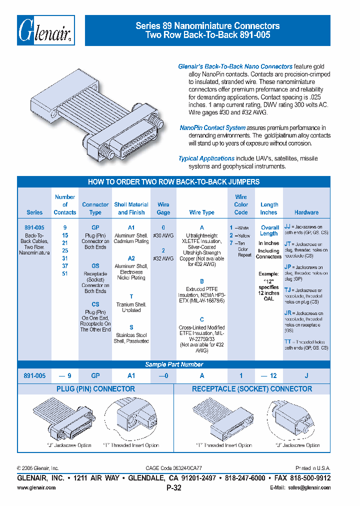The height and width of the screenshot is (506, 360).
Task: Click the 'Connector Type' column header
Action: [x=95, y=208]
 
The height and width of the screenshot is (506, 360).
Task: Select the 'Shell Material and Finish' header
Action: [x=131, y=208]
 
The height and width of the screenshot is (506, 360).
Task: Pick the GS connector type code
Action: [x=95, y=266]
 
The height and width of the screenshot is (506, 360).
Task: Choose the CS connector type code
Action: [x=95, y=304]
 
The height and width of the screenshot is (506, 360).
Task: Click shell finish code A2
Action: [x=131, y=258]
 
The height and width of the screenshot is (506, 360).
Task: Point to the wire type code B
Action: [x=201, y=281]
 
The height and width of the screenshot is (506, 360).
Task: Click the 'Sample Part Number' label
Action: [x=173, y=364]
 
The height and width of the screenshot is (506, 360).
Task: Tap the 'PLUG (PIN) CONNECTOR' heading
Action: [x=95, y=389]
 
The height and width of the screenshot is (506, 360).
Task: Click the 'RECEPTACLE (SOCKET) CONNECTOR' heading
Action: [x=252, y=389]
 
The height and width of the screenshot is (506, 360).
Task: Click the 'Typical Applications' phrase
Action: [x=206, y=158]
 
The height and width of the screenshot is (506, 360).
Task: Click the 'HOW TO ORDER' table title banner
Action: [x=173, y=182]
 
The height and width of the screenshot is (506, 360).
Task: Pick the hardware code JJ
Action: [x=287, y=226]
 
